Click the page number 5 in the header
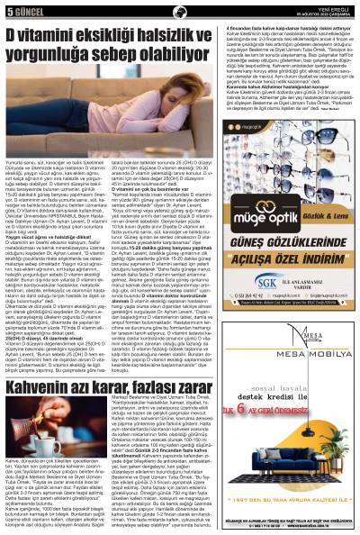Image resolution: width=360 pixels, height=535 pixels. click(8, 10)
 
